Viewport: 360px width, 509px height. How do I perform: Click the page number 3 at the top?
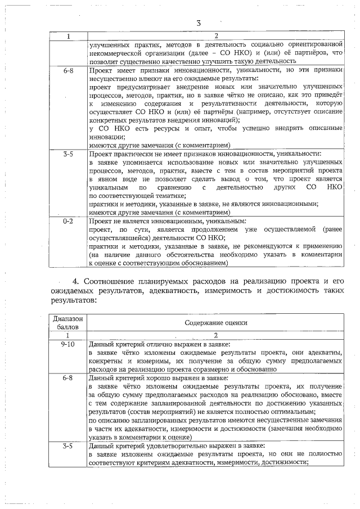[199, 23]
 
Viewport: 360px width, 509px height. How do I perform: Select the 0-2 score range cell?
[67, 222]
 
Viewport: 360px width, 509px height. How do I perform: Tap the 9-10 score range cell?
[67, 343]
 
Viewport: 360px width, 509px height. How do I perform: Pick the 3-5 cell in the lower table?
[67, 446]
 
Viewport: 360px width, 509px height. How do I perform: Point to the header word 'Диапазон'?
[67, 318]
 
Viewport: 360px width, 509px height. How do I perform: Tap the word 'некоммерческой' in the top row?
[117, 53]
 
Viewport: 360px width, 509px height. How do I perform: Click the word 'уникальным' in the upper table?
[107, 186]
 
